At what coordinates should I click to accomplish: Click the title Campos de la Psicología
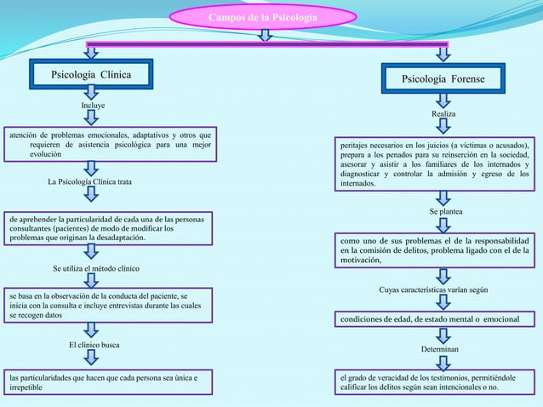point(264,18)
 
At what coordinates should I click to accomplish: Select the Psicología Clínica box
point(92,75)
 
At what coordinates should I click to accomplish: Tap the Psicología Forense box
point(443,79)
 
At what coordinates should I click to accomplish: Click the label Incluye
point(93,105)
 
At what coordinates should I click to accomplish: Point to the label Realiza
point(443,113)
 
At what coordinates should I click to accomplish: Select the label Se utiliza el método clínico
point(96,269)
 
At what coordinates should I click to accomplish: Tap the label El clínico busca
point(94,345)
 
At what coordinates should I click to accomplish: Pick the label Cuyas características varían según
point(433,290)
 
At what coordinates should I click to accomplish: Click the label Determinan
point(440,349)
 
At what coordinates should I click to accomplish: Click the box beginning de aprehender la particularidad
point(106,228)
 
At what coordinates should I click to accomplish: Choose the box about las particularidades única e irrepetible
point(106,381)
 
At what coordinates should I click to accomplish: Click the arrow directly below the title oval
point(266,35)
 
